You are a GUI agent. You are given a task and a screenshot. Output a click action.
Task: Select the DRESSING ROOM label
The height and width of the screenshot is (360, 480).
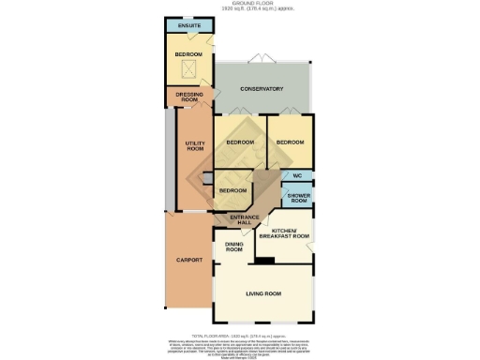pyautogui.click(x=190, y=97)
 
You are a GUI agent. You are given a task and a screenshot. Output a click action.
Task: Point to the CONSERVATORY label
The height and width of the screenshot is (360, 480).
pyautogui.click(x=262, y=89)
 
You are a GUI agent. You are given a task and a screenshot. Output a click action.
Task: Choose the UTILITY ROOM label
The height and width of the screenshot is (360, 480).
pyautogui.click(x=195, y=145)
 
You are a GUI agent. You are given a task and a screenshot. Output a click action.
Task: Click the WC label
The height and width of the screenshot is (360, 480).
pyautogui.click(x=297, y=176)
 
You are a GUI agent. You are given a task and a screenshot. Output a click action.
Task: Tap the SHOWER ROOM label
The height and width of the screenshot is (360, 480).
pyautogui.click(x=298, y=198)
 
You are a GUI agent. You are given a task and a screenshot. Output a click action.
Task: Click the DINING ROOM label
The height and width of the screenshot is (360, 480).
pyautogui.click(x=234, y=248)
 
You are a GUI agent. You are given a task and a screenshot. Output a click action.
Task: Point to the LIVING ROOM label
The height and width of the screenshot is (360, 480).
pyautogui.click(x=263, y=294)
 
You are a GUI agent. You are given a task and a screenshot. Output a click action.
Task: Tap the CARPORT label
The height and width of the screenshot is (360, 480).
pyautogui.click(x=189, y=260)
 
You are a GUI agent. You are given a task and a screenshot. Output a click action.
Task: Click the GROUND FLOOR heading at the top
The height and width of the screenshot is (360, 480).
pyautogui.click(x=239, y=4)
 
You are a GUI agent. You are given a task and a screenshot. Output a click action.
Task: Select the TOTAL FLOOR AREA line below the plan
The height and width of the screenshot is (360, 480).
pyautogui.click(x=239, y=335)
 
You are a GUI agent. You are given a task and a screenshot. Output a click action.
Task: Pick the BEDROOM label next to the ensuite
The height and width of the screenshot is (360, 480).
pyautogui.click(x=188, y=55)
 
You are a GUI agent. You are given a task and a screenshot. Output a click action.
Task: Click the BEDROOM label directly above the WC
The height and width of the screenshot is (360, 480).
pyautogui.click(x=291, y=142)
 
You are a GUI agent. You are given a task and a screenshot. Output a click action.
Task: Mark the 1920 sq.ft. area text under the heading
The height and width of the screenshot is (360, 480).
pyautogui.click(x=239, y=9)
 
